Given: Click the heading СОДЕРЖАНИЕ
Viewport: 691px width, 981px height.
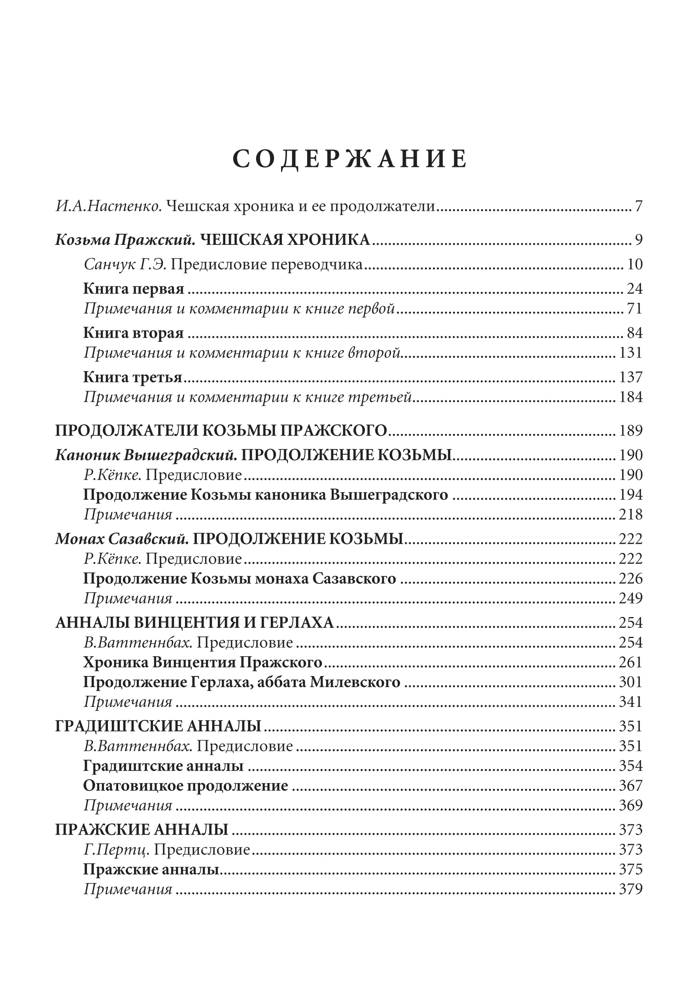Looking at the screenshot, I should (350, 159).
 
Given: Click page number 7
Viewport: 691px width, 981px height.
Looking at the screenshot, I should (638, 206).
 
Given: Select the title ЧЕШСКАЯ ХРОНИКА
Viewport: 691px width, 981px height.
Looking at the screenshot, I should (285, 240).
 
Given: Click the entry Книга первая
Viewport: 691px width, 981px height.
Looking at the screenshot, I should (134, 289).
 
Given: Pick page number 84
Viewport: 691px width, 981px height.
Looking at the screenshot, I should (634, 333).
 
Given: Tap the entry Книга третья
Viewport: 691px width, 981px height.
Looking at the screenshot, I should (133, 377).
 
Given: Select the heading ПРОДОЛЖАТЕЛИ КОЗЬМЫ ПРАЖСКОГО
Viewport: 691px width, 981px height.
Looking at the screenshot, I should (221, 430).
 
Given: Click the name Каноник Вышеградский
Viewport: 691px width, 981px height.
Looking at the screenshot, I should (146, 455).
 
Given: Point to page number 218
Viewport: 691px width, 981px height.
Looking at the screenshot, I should (631, 514).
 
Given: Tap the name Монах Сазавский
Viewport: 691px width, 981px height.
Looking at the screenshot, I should (122, 539).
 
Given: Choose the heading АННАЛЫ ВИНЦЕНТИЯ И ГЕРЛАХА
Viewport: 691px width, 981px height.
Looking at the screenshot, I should (195, 623).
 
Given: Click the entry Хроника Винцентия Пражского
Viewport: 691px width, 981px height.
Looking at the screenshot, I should (203, 663).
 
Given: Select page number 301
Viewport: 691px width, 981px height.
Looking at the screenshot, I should (631, 682).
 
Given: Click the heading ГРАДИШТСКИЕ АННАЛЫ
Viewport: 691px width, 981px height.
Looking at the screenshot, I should (159, 726).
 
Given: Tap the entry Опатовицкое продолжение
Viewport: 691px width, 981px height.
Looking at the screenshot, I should (186, 786).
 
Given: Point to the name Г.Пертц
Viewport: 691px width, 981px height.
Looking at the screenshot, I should (116, 849).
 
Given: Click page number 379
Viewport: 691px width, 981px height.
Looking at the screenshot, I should (631, 889).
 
